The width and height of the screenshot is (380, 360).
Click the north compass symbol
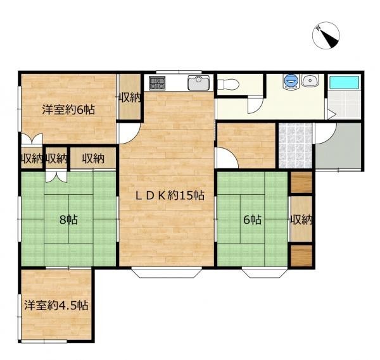326,35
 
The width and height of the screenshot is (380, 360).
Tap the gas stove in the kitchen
157,83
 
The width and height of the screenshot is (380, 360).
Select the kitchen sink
199,82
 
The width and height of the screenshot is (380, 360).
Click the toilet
228,85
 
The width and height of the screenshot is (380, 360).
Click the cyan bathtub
345,82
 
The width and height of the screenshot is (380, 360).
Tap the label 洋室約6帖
68,109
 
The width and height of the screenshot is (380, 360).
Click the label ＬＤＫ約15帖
170,196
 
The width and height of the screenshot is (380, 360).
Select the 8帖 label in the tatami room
68,220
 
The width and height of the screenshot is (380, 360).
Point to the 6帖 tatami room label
252,220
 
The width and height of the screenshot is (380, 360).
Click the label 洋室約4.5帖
56,306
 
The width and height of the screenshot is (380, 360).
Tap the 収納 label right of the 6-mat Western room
129,98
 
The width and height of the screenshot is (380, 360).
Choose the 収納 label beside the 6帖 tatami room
301,220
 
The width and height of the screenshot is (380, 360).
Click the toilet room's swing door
255,104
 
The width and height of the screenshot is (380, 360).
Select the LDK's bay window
167,273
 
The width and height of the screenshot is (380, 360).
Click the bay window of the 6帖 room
265,273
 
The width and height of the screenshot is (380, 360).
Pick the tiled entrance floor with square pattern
295,146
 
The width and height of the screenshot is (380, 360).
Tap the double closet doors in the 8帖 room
56,177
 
